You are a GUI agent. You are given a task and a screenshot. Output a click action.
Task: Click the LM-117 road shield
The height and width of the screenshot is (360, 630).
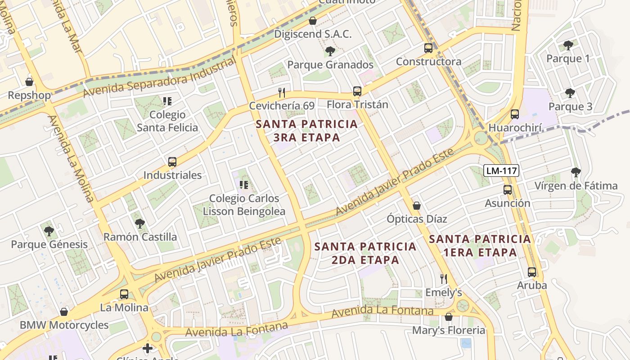click(501, 171)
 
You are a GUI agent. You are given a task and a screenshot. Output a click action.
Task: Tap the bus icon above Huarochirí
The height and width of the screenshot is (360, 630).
click(515, 114)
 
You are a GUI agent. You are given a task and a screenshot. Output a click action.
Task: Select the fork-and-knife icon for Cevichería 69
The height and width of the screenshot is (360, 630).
click(282, 93)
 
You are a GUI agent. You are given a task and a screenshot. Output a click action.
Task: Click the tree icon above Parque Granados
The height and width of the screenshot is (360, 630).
click(330, 51)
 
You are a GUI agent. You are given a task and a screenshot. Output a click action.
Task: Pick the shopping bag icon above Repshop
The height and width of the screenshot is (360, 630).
click(29, 82)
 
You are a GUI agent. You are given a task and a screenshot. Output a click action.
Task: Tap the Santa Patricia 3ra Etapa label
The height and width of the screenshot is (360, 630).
click(307, 130)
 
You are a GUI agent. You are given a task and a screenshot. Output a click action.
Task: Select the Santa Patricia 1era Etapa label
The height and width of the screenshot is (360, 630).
click(480, 245)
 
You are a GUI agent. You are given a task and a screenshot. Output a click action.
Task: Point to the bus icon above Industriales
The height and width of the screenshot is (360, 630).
click(172, 162)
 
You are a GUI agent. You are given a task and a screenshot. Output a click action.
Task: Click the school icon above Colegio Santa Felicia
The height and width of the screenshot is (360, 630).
click(167, 101)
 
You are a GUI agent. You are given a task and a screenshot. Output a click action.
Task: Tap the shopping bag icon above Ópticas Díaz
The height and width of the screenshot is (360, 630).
click(417, 206)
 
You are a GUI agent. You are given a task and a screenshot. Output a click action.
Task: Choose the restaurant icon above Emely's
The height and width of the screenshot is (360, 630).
click(444, 279)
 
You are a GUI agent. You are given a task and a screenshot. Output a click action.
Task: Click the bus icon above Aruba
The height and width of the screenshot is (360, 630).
click(532, 272)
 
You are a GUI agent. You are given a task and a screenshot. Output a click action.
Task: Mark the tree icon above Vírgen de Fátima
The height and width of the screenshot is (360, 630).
click(576, 172)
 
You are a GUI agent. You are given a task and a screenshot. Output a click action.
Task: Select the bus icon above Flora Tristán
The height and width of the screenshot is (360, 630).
click(357, 91)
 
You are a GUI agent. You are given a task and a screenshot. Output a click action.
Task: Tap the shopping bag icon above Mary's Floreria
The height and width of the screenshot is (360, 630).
click(449, 317)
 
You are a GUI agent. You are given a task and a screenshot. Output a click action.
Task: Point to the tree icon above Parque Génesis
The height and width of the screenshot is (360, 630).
click(49, 231)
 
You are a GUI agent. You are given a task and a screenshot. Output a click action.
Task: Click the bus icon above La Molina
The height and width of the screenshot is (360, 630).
click(124, 294)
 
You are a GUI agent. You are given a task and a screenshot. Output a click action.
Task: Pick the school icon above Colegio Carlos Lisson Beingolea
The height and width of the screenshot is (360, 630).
click(244, 184)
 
